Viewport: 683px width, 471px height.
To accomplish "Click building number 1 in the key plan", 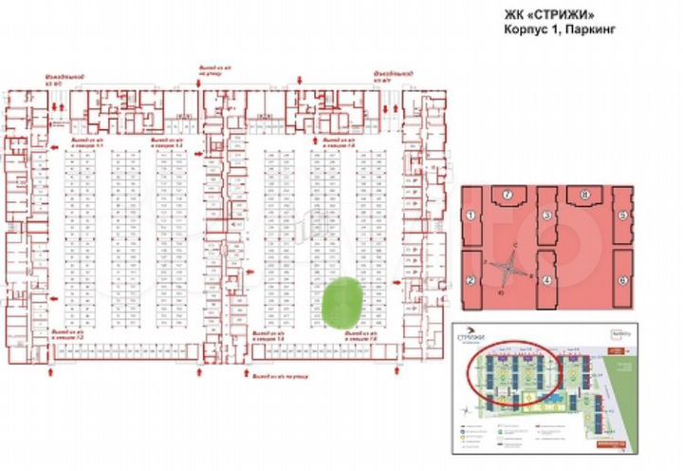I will tap(470, 217).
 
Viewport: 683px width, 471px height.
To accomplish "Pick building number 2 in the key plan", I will tap(470, 280).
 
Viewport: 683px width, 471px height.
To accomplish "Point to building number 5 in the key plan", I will tap(623, 217).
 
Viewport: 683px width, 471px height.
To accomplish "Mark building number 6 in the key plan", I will tap(623, 280).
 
